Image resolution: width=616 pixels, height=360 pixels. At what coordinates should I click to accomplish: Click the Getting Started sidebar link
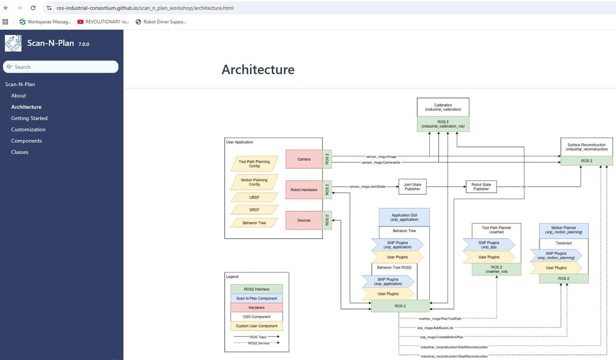pyautogui.click(x=29, y=118)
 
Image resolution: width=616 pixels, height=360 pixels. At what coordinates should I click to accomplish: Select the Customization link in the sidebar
pyautogui.click(x=28, y=129)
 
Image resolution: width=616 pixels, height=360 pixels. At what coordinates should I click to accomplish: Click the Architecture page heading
pyautogui.click(x=258, y=69)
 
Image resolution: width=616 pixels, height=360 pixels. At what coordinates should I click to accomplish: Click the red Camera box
pyautogui.click(x=304, y=159)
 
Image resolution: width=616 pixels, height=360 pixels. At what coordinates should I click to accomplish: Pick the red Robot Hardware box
pyautogui.click(x=304, y=190)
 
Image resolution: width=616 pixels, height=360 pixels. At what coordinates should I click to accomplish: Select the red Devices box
pyautogui.click(x=304, y=220)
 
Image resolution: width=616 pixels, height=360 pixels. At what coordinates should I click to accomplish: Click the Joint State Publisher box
pyautogui.click(x=412, y=187)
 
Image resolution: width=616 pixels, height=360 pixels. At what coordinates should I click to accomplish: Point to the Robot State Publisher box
pyautogui.click(x=481, y=187)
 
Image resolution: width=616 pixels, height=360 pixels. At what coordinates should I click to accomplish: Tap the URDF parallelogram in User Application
pyautogui.click(x=254, y=197)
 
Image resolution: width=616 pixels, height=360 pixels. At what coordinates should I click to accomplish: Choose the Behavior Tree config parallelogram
pyautogui.click(x=254, y=223)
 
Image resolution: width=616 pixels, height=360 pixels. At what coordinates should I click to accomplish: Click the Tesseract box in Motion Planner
pyautogui.click(x=563, y=242)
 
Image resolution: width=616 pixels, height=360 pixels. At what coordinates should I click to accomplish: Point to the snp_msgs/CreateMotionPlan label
pyautogui.click(x=441, y=337)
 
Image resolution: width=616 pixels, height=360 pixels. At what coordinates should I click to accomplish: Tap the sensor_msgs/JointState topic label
pyautogui.click(x=367, y=186)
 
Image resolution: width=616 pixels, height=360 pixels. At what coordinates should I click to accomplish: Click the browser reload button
pyautogui.click(x=33, y=8)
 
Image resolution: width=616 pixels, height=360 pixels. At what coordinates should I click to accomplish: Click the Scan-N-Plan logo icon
pyautogui.click(x=14, y=43)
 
